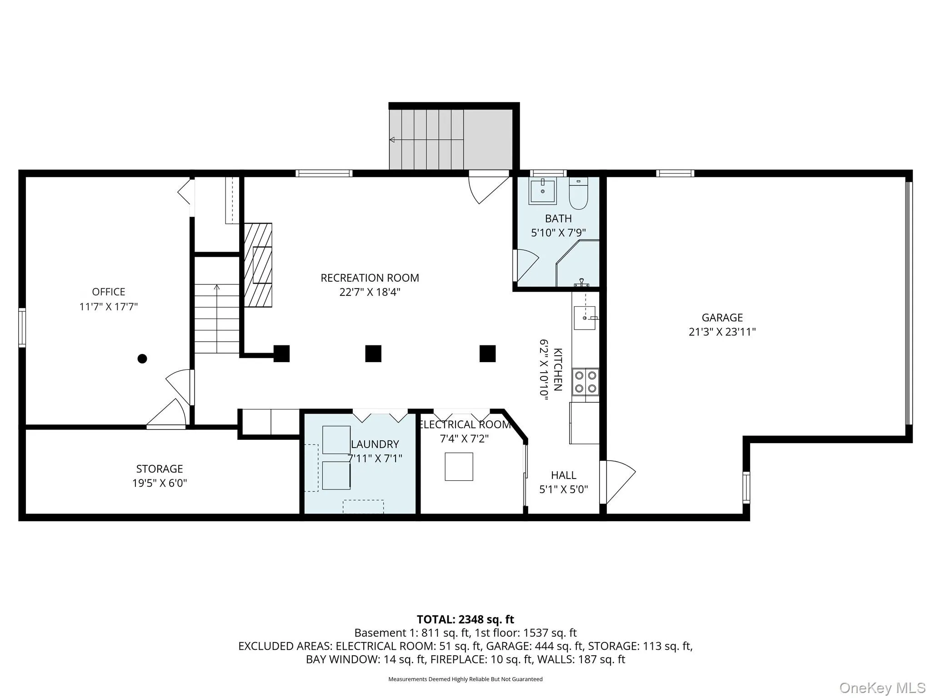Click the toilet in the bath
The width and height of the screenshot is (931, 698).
click(579, 193)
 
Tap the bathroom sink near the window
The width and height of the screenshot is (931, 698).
click(543, 191)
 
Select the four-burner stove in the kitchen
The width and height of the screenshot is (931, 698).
click(586, 382)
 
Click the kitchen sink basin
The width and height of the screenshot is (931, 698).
click(585, 318)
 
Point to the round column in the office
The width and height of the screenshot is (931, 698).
click(142, 359)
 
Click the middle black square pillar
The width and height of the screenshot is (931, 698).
click(373, 354)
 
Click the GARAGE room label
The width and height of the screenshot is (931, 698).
click(722, 318)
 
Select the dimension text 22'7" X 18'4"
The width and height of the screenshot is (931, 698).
click(370, 292)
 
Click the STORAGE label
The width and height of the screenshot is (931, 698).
click(160, 469)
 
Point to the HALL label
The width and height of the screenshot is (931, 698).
click(564, 475)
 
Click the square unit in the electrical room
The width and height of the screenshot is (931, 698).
click(459, 467)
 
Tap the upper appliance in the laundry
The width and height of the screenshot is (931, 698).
click(336, 440)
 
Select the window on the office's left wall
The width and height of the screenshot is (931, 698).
click(22, 328)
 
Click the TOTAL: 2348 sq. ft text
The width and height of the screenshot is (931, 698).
click(465, 619)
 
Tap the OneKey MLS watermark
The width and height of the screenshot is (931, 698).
click(882, 688)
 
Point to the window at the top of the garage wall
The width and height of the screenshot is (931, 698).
click(675, 173)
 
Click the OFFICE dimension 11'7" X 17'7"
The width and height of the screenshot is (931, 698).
click(108, 307)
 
